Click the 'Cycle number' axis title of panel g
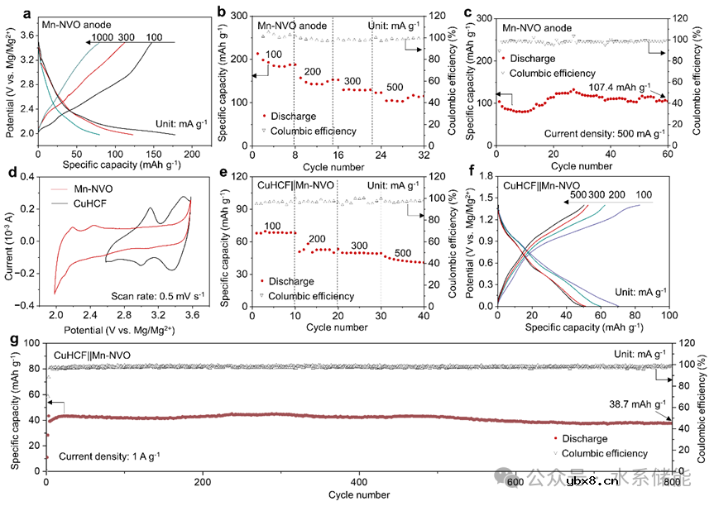pyautogui.click(x=358, y=494)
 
